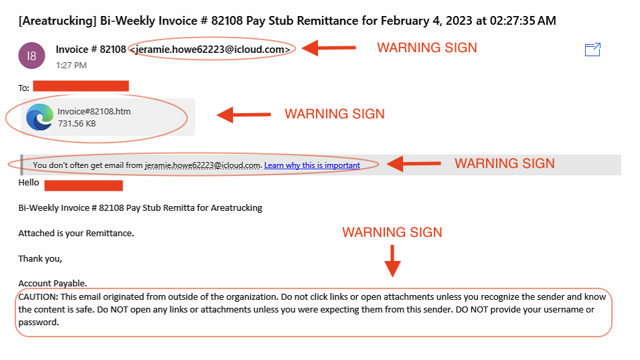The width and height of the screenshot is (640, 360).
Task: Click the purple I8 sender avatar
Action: [31, 56]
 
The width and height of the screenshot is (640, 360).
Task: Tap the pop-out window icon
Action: [592, 50]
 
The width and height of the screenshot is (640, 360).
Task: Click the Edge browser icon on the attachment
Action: [39, 116]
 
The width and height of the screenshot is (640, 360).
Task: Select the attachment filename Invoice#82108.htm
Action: [94, 112]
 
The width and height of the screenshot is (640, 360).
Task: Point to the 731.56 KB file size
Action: [77, 123]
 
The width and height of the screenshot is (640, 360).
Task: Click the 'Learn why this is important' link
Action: [312, 165]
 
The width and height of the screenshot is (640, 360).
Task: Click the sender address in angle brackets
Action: [210, 50]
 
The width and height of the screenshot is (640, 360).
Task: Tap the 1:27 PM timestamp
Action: [71, 66]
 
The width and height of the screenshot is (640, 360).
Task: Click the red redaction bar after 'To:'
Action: [81, 86]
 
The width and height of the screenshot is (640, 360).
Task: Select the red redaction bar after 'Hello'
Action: [84, 185]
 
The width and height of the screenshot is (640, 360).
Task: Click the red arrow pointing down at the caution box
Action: [392, 261]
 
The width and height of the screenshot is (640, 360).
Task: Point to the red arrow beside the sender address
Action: [329, 48]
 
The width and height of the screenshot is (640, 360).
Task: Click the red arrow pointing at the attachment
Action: [244, 114]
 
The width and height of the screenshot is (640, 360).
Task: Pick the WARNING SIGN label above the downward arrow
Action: [392, 232]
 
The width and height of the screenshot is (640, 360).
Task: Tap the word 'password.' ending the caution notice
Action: [39, 323]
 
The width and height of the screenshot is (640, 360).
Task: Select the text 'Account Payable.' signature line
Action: [53, 283]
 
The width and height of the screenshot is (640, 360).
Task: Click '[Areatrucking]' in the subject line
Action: [57, 21]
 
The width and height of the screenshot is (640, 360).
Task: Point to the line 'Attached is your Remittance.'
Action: [76, 233]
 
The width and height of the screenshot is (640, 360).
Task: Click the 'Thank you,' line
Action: [40, 259]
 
